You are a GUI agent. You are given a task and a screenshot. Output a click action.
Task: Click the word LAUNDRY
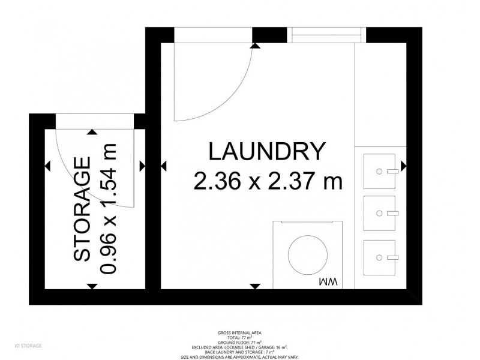[x=267, y=151]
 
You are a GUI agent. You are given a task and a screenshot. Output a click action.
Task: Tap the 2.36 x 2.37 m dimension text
[x=268, y=180]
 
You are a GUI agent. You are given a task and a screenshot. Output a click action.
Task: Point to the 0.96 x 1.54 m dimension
[x=109, y=209]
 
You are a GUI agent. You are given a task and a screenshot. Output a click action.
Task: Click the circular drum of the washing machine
[x=308, y=253]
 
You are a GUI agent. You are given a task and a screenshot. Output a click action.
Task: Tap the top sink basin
[x=380, y=171]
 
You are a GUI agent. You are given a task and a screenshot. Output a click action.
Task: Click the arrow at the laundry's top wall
[x=256, y=45]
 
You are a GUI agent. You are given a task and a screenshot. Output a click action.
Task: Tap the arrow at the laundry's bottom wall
[x=256, y=286]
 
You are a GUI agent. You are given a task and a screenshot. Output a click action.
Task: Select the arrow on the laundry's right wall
[x=404, y=166]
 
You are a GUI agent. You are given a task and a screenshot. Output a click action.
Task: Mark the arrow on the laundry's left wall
[x=164, y=166]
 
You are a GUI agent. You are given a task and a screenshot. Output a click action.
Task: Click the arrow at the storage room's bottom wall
[x=92, y=286]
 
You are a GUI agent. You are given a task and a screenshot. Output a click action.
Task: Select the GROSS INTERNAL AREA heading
[x=239, y=332]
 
